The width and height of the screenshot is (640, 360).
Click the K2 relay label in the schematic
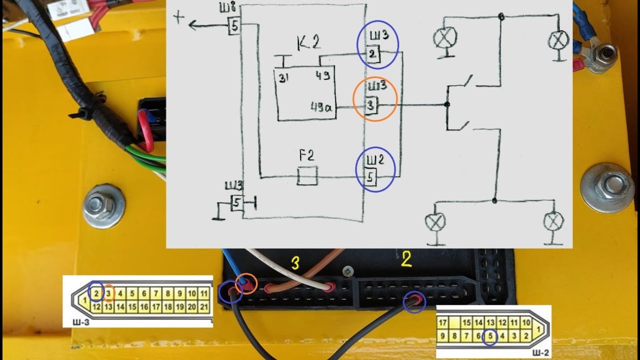[x=308, y=43]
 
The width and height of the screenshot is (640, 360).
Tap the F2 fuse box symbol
[x=307, y=175]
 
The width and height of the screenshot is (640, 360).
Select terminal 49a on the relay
[x=321, y=107]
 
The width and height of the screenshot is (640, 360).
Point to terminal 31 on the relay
[x=283, y=77]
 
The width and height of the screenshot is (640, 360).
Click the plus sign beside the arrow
[x=179, y=17]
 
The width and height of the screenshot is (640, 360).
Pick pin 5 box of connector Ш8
[x=234, y=26]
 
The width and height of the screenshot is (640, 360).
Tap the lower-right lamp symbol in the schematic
[x=553, y=221]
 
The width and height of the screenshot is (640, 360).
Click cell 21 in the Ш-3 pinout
[x=203, y=307]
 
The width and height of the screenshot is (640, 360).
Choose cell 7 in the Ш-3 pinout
[x=156, y=293]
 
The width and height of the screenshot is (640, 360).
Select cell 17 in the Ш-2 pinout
[x=442, y=323]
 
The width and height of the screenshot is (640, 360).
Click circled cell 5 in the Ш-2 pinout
[x=490, y=336]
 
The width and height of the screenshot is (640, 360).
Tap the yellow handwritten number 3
[x=295, y=263]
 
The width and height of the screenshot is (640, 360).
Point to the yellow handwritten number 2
[x=406, y=259]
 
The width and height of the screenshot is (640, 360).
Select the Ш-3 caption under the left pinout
[x=81, y=322]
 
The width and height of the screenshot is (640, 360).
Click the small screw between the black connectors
[x=348, y=271]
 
